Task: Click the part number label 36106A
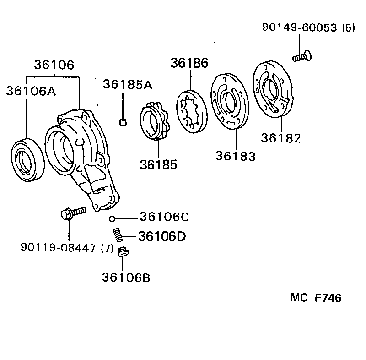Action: (x=31, y=91)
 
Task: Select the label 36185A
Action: (x=128, y=84)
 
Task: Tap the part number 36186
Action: (x=189, y=63)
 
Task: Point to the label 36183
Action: (x=236, y=156)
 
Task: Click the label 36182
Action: (x=281, y=138)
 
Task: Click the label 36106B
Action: (x=126, y=277)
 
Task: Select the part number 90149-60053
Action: (x=302, y=27)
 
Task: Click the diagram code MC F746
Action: (x=316, y=298)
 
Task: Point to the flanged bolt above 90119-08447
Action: (x=72, y=213)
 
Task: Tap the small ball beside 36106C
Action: (x=112, y=218)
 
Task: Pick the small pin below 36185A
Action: (x=123, y=122)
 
